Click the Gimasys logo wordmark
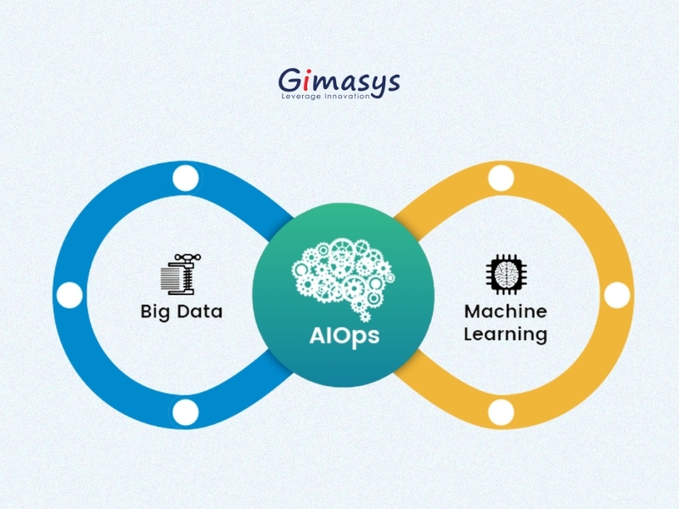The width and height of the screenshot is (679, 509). point(339,81)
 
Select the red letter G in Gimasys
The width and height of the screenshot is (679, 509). point(290,81)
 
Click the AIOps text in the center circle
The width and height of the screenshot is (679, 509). point(344,334)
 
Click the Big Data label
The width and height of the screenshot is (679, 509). point(181,311)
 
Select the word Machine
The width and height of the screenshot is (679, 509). point(505,311)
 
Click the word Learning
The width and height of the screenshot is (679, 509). point(505,334)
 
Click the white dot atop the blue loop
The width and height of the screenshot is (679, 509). point(184,178)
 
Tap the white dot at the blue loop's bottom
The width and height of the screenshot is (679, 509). point(185,412)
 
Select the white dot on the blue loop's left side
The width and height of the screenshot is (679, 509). point(70,295)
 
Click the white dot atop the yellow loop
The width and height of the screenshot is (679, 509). point(501,178)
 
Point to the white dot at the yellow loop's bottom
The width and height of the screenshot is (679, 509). point(501,412)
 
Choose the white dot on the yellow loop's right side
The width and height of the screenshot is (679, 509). point(617,295)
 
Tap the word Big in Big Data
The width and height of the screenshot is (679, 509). point(154,312)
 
